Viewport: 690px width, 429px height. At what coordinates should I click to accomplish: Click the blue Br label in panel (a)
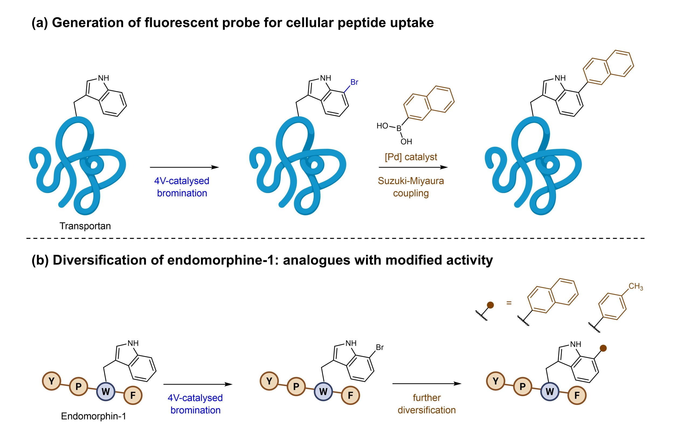point(354,82)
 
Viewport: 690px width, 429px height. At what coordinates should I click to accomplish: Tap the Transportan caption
point(85,226)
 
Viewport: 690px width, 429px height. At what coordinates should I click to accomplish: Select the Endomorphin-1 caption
point(94,416)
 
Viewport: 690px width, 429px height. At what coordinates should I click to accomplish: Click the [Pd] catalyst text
point(410,157)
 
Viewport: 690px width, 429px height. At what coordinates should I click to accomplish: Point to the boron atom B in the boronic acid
point(399,128)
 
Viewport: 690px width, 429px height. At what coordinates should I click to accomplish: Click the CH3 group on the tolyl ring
point(636,287)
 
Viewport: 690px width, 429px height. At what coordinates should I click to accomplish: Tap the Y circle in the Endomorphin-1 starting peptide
point(51,381)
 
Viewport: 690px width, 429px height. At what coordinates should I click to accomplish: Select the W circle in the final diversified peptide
point(550,392)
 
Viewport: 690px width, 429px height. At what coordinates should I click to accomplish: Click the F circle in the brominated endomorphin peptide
point(350,395)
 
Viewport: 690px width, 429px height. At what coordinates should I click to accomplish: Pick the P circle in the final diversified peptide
point(522,386)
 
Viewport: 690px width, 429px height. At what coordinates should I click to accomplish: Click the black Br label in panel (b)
point(380,347)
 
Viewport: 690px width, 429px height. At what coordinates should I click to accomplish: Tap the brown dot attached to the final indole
point(603,348)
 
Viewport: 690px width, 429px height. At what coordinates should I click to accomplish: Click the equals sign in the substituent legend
point(509,303)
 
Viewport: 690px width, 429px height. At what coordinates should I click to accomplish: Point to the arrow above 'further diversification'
point(427,383)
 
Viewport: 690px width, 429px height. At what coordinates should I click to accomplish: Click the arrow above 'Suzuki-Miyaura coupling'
point(413,168)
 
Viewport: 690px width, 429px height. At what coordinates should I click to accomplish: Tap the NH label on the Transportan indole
point(103,78)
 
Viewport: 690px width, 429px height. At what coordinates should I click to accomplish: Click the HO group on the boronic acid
point(382,126)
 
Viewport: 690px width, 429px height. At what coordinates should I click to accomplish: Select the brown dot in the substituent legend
point(490,305)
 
